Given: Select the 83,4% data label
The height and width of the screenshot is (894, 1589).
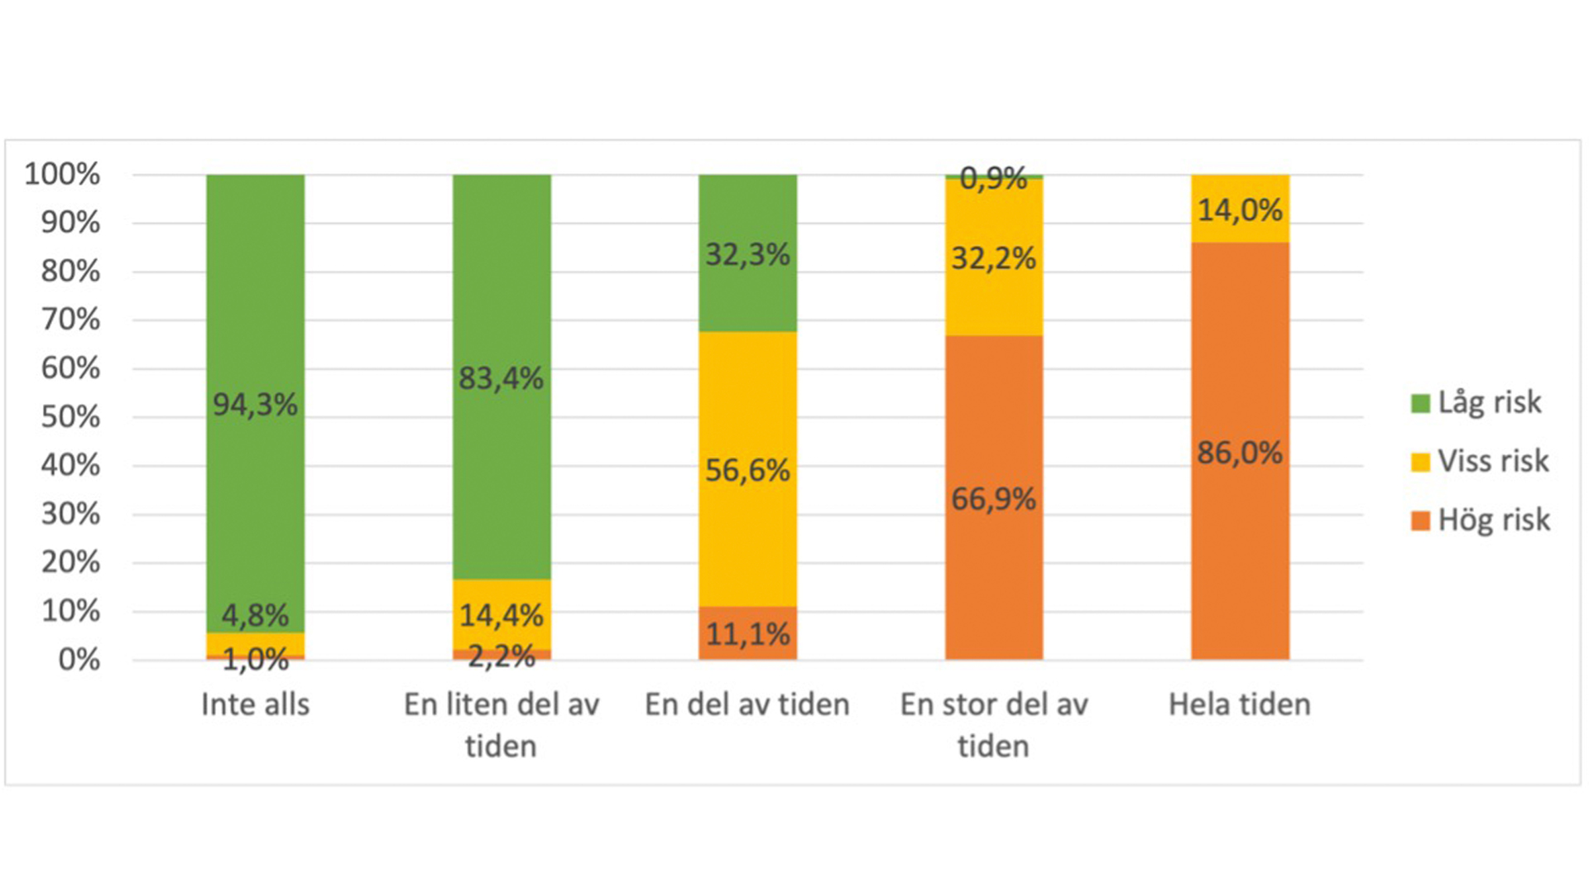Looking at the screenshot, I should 501,379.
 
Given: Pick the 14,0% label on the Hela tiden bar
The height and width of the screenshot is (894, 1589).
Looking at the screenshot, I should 1240,210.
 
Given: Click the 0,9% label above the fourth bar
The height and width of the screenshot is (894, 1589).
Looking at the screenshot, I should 993,178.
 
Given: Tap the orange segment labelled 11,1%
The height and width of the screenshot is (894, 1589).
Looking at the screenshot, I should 747,634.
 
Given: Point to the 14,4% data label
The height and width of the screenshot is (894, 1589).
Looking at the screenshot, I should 501,615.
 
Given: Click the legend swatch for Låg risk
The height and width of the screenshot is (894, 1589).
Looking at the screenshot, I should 1420,403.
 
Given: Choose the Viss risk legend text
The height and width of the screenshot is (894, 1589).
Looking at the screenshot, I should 1493,461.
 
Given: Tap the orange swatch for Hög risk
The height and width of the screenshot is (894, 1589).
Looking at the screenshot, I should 1420,521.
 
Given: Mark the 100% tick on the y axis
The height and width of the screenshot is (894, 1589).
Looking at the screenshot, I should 62,174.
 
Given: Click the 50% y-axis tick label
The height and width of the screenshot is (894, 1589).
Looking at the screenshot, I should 70,416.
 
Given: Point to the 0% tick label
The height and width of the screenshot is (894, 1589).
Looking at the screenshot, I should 79,660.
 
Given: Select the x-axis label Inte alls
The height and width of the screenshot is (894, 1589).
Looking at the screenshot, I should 255,704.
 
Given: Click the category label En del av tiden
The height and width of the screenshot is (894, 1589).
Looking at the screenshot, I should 747,704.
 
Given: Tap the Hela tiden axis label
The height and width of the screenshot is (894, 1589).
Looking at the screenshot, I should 1240,704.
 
